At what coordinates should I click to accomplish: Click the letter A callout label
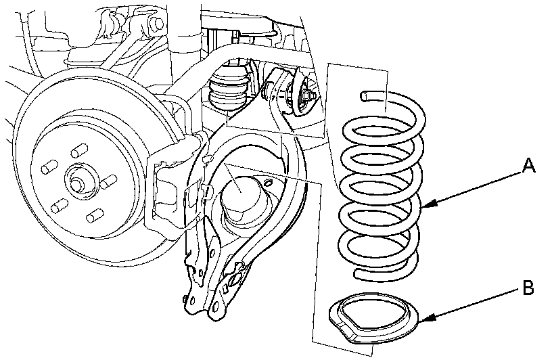click(x=528, y=165)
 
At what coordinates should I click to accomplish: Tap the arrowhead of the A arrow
click(x=428, y=205)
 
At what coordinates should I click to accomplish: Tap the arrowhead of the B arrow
click(x=425, y=319)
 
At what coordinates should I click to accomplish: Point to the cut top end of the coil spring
click(x=364, y=95)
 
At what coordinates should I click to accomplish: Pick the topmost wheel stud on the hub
click(x=79, y=151)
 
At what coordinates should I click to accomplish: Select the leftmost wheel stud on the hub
click(x=49, y=167)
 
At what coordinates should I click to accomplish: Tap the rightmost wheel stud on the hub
click(x=108, y=181)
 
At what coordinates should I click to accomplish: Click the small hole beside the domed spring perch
click(x=269, y=182)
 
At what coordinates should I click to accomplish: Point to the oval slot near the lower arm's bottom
click(x=234, y=280)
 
